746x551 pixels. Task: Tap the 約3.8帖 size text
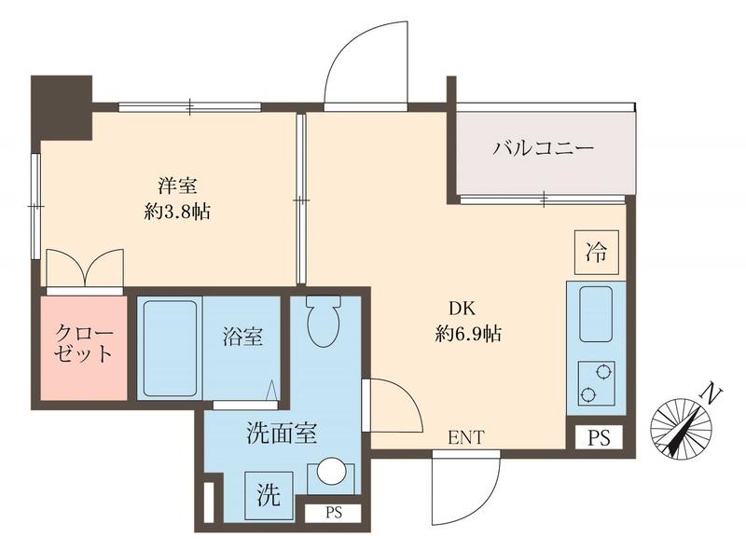pos(177,212)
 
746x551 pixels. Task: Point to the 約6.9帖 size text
pos(469,334)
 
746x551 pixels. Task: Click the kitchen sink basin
pos(595,315)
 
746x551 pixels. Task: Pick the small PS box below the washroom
pos(333,511)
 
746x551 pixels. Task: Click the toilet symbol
pos(323,322)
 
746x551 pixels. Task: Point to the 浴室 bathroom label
pos(242,337)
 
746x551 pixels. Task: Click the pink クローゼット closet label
pos(84,344)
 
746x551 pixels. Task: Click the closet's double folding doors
pos(85,269)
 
